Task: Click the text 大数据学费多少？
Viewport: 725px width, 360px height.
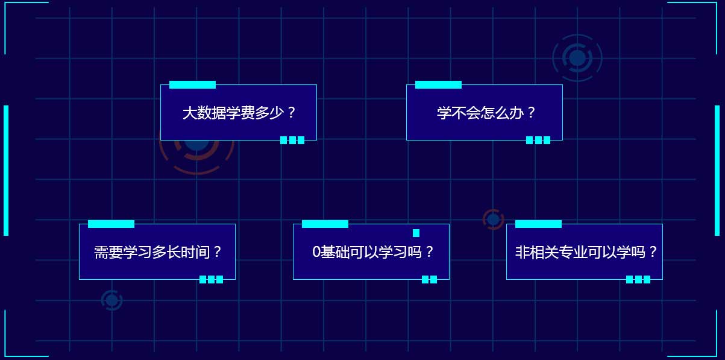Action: coord(239,113)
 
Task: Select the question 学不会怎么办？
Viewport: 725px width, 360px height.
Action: coord(486,113)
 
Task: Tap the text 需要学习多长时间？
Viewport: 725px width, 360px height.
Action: coord(158,252)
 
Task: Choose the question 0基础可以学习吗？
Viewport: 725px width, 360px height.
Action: coord(372,252)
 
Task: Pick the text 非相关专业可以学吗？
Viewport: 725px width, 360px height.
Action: coord(586,252)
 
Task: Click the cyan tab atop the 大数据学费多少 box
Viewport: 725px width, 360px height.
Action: coord(192,85)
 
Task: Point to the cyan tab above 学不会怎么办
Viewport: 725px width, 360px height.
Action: coord(438,85)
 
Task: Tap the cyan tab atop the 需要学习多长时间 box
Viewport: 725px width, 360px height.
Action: coord(111,224)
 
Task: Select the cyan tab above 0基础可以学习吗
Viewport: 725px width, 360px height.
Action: coord(325,224)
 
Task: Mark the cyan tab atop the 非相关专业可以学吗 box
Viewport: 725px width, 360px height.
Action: coord(538,224)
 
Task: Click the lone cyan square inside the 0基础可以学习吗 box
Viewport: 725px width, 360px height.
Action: coord(416,233)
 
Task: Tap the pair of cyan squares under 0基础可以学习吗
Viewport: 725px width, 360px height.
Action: coord(430,279)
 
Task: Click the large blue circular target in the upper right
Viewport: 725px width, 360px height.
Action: coord(577,58)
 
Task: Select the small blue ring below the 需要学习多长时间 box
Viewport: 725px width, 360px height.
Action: coord(111,300)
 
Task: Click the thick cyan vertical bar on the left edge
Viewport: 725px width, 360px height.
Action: coord(6,170)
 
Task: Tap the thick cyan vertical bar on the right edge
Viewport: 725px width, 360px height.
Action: coord(717,170)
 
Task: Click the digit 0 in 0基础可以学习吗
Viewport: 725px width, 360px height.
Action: coord(316,252)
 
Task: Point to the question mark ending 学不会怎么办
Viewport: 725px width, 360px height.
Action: coord(531,112)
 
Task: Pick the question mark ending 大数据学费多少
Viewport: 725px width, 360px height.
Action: coord(291,112)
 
